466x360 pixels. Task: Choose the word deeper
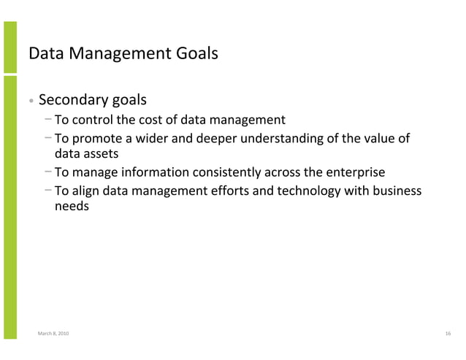(216, 139)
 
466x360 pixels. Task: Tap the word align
(85, 191)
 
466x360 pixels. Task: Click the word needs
(72, 207)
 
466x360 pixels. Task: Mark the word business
(398, 191)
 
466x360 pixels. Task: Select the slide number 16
(447, 333)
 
